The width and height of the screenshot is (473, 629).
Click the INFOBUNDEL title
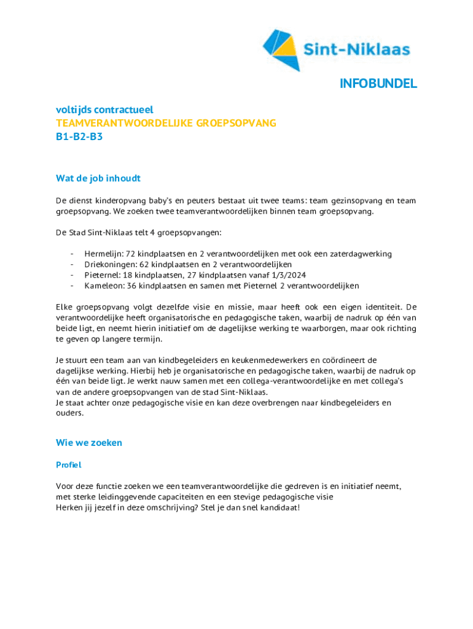click(x=378, y=84)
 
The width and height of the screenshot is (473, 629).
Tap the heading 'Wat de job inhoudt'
click(x=98, y=179)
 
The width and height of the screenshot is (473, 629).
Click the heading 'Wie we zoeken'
click(x=89, y=443)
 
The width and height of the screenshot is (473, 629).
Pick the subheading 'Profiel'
click(x=69, y=465)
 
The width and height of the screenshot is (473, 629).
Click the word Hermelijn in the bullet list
click(x=103, y=254)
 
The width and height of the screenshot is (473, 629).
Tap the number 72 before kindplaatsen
click(x=131, y=254)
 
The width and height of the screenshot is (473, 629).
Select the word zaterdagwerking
click(x=358, y=254)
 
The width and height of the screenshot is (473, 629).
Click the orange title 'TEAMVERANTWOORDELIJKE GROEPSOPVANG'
click(x=166, y=123)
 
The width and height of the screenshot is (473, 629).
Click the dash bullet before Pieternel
click(x=72, y=275)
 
